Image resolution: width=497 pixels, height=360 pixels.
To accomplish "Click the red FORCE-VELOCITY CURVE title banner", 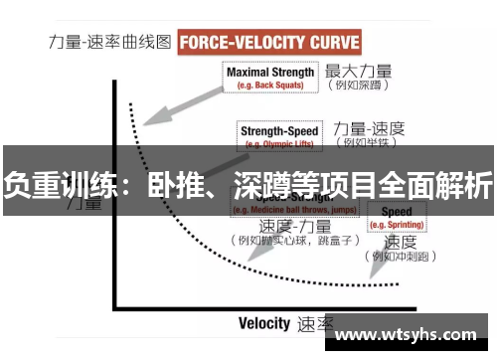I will pyautogui.click(x=269, y=43).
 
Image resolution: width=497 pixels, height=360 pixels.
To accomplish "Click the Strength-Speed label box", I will pyautogui.click(x=278, y=134).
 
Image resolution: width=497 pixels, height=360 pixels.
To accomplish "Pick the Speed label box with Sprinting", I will pyautogui.click(x=397, y=218).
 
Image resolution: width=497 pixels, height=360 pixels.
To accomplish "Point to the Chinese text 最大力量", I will pyautogui.click(x=359, y=72).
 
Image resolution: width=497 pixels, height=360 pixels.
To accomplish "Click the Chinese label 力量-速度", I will pyautogui.click(x=369, y=128).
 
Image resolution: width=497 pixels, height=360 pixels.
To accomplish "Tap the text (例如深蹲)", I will pyautogui.click(x=356, y=87).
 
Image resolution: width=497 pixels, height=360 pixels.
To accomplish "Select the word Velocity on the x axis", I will pyautogui.click(x=264, y=323).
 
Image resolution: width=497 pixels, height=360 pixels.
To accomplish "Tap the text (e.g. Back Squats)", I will pyautogui.click(x=270, y=86).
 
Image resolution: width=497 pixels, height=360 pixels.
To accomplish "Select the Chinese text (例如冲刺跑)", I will pyautogui.click(x=402, y=257).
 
